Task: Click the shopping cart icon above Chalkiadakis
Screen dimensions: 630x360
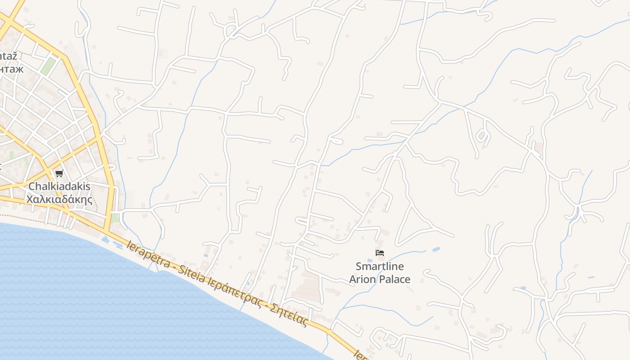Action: pyautogui.click(x=59, y=173)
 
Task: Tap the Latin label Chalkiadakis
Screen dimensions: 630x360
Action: pyautogui.click(x=59, y=186)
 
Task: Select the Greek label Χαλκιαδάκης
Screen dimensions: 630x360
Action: pyautogui.click(x=59, y=199)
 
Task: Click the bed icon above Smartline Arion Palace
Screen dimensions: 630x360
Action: pyautogui.click(x=380, y=253)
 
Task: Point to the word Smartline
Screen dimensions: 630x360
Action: pyautogui.click(x=380, y=266)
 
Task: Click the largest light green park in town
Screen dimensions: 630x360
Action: pyautogui.click(x=48, y=66)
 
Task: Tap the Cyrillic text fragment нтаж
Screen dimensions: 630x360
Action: pyautogui.click(x=11, y=69)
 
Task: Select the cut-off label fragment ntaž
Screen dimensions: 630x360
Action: pyautogui.click(x=9, y=56)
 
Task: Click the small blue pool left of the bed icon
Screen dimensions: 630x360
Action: pyautogui.click(x=370, y=261)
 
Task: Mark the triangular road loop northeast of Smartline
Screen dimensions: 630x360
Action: pyautogui.click(x=412, y=225)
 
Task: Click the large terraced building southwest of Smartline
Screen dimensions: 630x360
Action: pyautogui.click(x=307, y=288)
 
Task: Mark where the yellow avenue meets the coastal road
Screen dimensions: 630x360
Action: pyautogui.click(x=107, y=232)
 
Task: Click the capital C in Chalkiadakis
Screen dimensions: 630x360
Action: pyautogui.click(x=31, y=186)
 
